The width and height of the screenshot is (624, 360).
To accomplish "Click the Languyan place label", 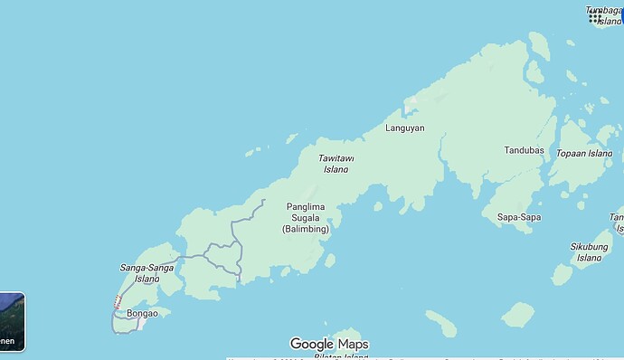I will [405, 128].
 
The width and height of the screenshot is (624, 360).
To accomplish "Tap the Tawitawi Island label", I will [336, 164].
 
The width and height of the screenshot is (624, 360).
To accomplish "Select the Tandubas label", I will [525, 150].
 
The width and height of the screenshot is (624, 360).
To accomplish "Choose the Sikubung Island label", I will [589, 251].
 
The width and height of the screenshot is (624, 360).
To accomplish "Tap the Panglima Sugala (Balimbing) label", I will [306, 217].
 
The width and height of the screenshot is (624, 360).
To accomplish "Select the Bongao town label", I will [143, 314].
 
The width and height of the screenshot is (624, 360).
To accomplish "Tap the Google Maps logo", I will [329, 344].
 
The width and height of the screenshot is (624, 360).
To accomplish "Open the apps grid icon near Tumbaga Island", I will [595, 16].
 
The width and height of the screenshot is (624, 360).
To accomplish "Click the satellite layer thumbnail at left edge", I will [12, 321].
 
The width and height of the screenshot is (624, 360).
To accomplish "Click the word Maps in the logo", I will [354, 344].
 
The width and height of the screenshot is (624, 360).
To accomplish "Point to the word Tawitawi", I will [336, 158].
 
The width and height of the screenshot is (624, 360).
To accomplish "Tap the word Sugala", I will [306, 217].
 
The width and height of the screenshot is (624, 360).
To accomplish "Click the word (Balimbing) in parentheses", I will [306, 229].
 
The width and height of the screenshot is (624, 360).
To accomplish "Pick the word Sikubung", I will [589, 246].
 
